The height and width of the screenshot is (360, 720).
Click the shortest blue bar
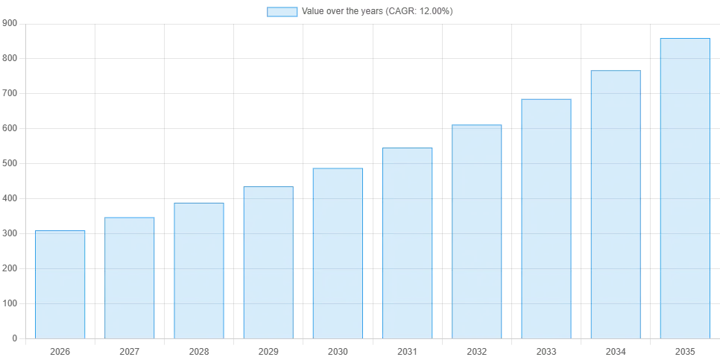click(x=60, y=283)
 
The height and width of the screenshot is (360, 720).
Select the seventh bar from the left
click(x=477, y=230)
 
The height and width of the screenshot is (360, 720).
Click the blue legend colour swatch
click(x=282, y=12)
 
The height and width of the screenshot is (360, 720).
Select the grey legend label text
click(x=376, y=12)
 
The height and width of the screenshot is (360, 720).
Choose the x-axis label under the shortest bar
click(x=60, y=350)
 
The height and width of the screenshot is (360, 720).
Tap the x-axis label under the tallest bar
click(x=685, y=350)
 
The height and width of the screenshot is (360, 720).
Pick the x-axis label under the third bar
click(x=199, y=350)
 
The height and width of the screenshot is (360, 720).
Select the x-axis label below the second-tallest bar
click(x=616, y=350)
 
